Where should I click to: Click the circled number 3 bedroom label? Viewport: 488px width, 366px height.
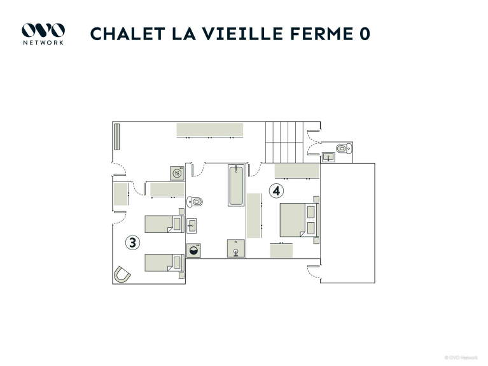pyautogui.click(x=132, y=243)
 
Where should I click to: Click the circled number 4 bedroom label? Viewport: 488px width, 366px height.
pyautogui.click(x=276, y=190)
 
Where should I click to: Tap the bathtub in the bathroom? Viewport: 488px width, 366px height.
pyautogui.click(x=236, y=185)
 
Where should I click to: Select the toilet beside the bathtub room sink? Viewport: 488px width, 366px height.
pyautogui.click(x=195, y=202)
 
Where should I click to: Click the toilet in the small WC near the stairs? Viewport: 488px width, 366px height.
pyautogui.click(x=344, y=148)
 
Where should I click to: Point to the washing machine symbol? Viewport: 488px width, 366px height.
pyautogui.click(x=193, y=250)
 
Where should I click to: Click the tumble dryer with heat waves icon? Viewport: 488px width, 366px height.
pyautogui.click(x=177, y=173)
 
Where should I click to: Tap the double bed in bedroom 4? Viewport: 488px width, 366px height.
pyautogui.click(x=300, y=220)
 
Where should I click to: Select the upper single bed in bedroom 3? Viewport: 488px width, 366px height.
pyautogui.click(x=164, y=224)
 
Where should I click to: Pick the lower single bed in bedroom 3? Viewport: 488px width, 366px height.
pyautogui.click(x=164, y=263)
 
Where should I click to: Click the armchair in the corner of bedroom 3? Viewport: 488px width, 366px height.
pyautogui.click(x=122, y=274)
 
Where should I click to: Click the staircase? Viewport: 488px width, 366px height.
pyautogui.click(x=284, y=143)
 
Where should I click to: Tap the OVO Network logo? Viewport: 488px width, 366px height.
pyautogui.click(x=43, y=34)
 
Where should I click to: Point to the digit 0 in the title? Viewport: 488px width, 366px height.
pyautogui.click(x=365, y=34)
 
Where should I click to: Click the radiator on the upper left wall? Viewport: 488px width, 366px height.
pyautogui.click(x=116, y=137)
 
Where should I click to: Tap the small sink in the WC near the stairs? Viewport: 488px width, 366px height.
pyautogui.click(x=328, y=157)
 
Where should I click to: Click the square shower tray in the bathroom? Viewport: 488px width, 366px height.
pyautogui.click(x=236, y=249)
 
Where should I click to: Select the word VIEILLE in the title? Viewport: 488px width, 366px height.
pyautogui.click(x=243, y=34)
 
